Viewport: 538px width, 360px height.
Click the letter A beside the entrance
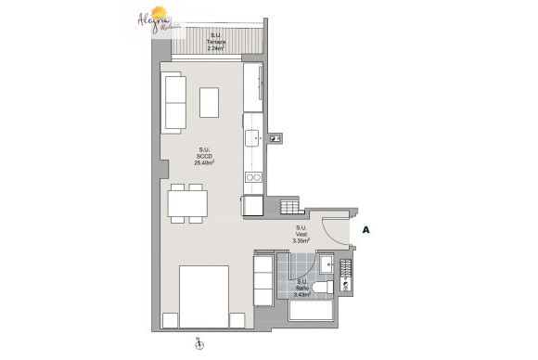(366, 227)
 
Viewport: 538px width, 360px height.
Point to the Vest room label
(301, 233)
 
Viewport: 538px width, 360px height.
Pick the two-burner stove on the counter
(253, 176)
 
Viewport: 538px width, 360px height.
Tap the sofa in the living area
(173, 102)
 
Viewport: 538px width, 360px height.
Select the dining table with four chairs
(186, 201)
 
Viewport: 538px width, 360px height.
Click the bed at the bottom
(203, 295)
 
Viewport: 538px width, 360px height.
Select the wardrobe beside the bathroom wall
(265, 278)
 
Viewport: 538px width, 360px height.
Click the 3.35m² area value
(301, 240)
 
